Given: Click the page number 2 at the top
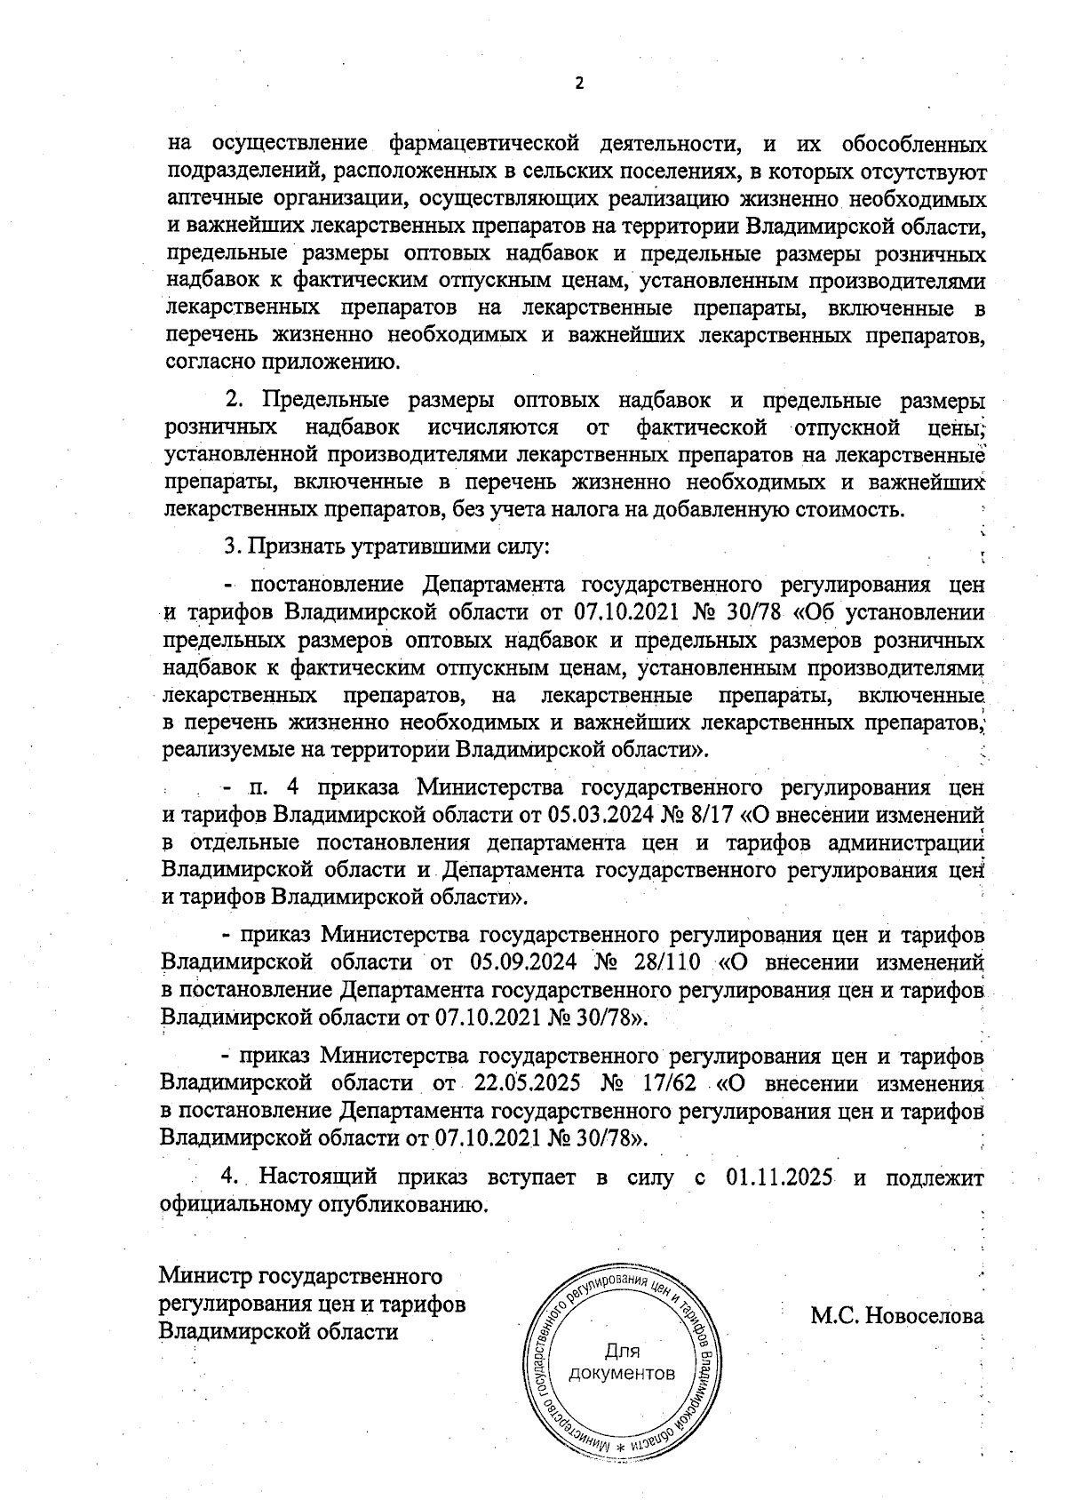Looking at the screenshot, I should click(580, 84).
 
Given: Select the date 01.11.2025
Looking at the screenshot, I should click(779, 1178).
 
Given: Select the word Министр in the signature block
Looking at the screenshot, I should click(205, 1278).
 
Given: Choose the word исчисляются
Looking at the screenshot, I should click(493, 428).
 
